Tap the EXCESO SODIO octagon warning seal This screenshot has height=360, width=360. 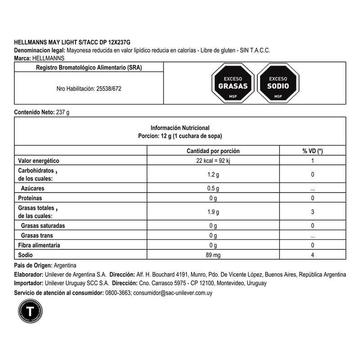pos(278,83)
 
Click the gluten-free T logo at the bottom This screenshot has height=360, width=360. pos(30,311)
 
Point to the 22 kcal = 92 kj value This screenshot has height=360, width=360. pos(213,161)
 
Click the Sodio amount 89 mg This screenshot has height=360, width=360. pos(213,255)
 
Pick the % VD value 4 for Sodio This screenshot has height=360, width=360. pos(312,255)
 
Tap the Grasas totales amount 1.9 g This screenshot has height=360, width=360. pos(213,212)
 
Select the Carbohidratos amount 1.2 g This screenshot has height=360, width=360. pos(213,175)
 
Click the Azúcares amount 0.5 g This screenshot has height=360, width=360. pos(213,189)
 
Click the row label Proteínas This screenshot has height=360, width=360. pos(30,198)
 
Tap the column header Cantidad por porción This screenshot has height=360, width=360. pos(213,151)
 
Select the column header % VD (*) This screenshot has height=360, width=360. pos(312,151)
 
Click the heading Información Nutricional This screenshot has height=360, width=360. pos(180,128)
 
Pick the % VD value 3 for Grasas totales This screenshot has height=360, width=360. pos(312,212)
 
